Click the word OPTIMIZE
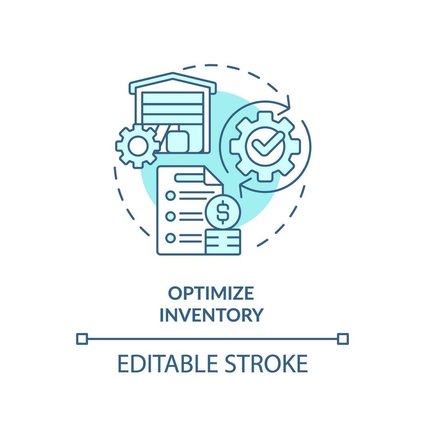click(211, 294)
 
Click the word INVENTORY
click(211, 314)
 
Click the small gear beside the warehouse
click(137, 146)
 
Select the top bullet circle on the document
click(171, 196)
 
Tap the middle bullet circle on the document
click(171, 216)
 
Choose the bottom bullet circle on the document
click(171, 237)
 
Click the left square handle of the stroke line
click(82, 338)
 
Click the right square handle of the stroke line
click(343, 338)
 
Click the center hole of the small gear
click(137, 147)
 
